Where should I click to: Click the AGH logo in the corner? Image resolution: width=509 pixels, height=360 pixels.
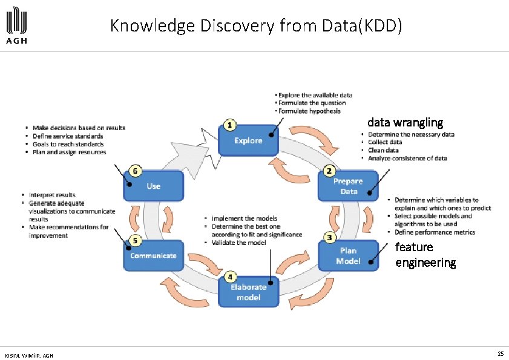point(16,26)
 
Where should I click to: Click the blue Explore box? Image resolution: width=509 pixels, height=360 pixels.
point(249,140)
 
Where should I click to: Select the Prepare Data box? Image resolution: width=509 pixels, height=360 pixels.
point(348,186)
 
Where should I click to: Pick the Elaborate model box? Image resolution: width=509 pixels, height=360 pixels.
point(249,292)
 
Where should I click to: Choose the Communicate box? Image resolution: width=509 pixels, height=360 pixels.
point(153,255)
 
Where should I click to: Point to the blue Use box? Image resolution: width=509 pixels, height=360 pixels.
point(153,186)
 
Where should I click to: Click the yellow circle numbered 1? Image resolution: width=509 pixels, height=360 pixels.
point(229,125)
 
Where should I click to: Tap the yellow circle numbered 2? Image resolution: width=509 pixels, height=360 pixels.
point(330,171)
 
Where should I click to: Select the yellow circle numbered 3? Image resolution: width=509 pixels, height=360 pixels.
point(330,238)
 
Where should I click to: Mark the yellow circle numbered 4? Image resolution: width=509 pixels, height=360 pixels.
point(229,277)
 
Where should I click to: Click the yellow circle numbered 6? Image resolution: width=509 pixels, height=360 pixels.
point(136,171)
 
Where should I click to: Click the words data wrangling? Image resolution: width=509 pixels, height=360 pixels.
point(405,122)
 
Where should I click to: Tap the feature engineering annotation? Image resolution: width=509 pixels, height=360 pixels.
point(425,255)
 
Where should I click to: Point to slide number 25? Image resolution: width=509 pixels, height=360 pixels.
point(500,353)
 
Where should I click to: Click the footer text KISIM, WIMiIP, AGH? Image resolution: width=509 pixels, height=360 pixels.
point(28,355)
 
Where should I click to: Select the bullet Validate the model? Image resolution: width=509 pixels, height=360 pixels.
point(238,243)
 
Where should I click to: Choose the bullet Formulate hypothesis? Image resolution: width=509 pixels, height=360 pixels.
point(309,111)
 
